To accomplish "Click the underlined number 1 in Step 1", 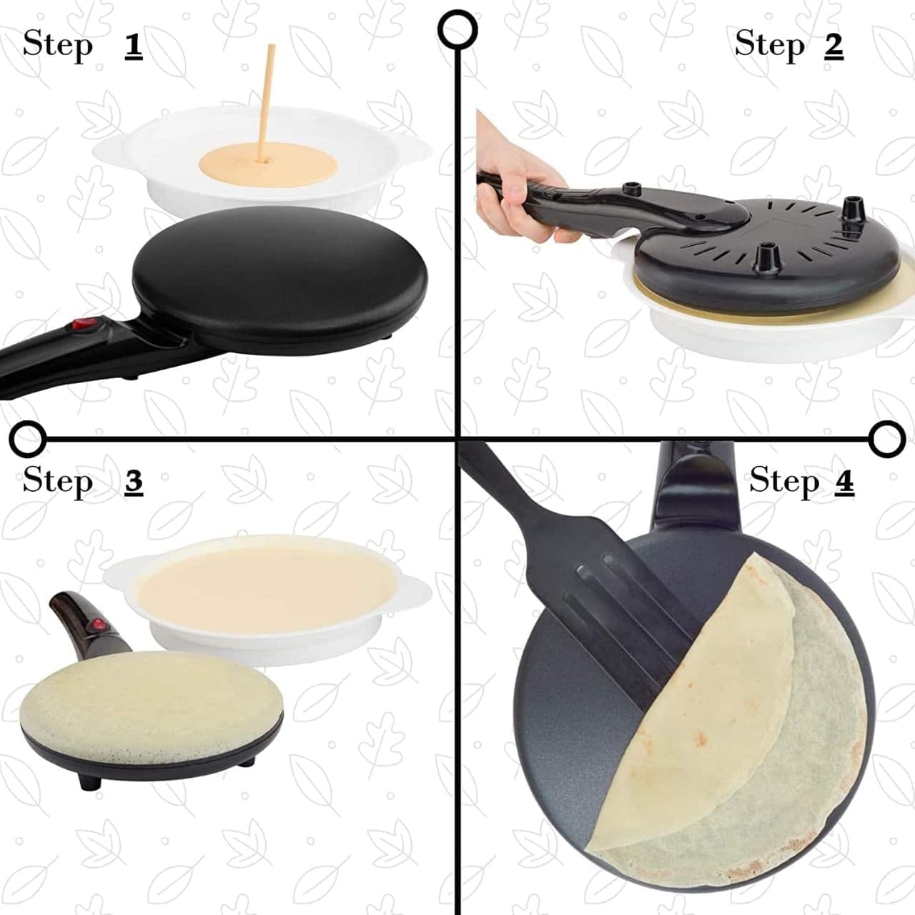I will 133,45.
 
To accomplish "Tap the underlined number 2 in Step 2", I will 834,45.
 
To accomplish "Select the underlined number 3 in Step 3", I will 133,481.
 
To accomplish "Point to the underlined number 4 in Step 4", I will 844,481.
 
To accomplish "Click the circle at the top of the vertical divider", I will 457,29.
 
